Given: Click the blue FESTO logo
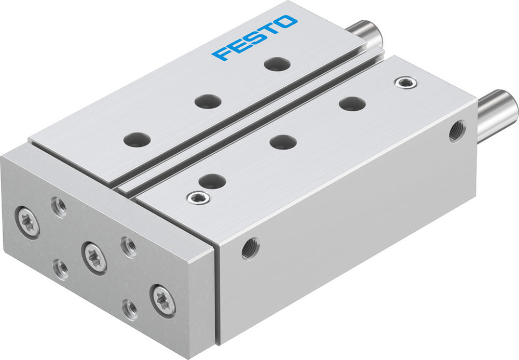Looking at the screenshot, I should pos(255,37).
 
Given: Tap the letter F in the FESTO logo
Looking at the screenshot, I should pos(220,54).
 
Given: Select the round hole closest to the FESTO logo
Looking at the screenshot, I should pos(277,64).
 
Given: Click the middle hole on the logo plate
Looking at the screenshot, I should pos(208,101).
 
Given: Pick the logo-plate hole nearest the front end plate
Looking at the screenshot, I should pos(138,139).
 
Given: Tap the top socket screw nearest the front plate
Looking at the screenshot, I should pos(198,197).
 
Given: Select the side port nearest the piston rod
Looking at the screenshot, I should pos(457,131).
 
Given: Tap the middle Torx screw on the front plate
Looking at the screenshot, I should pos(94,257).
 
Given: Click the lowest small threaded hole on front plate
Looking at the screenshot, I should pos(130,309).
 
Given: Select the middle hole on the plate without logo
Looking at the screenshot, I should pos(283,141).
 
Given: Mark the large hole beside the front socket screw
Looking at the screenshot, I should pos(212,181).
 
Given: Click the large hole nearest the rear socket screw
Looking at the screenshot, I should pos(352,103).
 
